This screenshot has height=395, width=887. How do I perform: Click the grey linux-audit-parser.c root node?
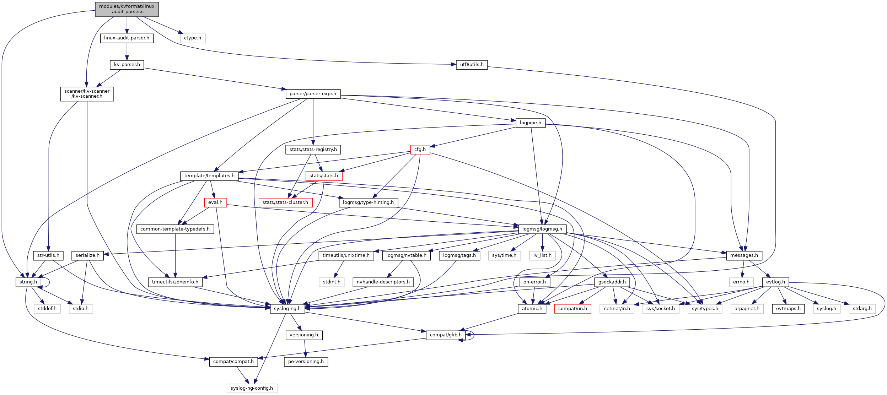(x=127, y=9)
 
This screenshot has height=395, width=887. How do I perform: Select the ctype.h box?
(x=193, y=38)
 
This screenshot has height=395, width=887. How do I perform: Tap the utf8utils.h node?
(x=472, y=65)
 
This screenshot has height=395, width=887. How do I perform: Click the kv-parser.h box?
(x=127, y=65)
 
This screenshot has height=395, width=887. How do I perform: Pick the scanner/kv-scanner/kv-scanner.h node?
(x=87, y=94)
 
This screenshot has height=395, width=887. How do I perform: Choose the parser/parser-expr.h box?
(x=313, y=94)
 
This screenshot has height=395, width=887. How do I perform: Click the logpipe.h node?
(x=530, y=123)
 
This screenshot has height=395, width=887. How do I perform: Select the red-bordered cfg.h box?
(x=420, y=150)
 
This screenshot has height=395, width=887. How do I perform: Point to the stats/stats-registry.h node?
(x=313, y=150)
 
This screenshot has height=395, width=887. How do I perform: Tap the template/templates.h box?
(x=209, y=176)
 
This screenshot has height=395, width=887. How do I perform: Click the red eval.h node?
(x=215, y=202)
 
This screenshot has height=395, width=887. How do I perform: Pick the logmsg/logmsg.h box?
(x=542, y=229)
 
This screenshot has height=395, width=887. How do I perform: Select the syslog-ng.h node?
(x=287, y=309)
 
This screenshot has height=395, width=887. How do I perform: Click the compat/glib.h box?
(x=446, y=335)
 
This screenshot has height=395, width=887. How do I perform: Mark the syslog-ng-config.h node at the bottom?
(x=252, y=388)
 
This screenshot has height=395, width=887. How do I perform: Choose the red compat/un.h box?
(x=572, y=309)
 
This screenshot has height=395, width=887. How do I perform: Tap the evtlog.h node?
(x=775, y=282)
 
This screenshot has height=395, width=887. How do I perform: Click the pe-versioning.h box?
(x=306, y=362)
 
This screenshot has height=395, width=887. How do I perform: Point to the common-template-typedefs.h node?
(x=175, y=229)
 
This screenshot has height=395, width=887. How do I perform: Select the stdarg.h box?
(x=862, y=309)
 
